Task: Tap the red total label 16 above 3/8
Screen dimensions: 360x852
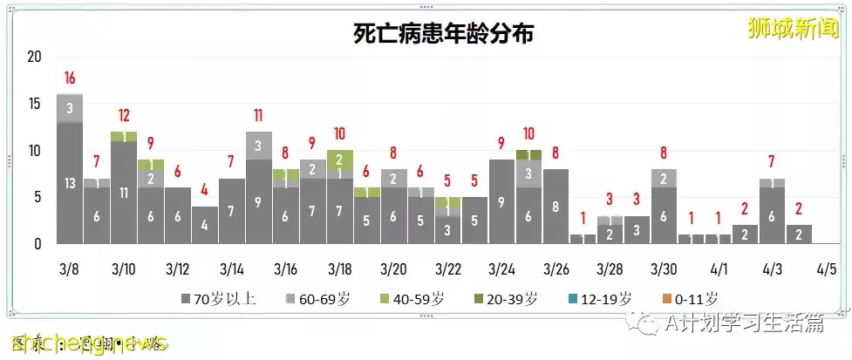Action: [x=70, y=78]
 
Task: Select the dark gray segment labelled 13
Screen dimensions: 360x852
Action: [x=70, y=183]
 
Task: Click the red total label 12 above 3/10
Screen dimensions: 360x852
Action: [x=124, y=116]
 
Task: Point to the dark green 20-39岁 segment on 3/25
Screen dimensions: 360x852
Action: [x=529, y=154]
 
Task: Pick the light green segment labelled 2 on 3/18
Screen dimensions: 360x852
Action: [x=340, y=160]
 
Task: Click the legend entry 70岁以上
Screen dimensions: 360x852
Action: [x=218, y=299]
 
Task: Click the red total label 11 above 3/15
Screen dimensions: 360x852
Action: [x=259, y=116]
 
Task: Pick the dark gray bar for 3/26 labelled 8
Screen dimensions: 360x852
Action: [x=556, y=207]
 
